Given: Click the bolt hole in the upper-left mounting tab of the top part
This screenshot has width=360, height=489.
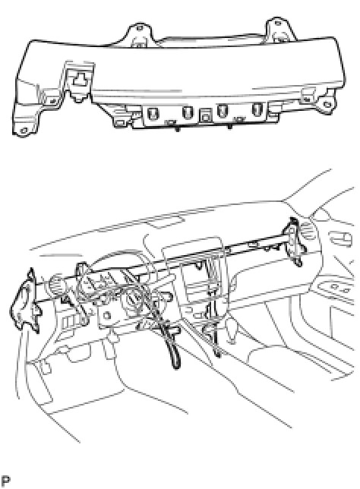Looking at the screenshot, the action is pos(139,28).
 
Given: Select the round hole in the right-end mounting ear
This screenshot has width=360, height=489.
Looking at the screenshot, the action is pos(327,104).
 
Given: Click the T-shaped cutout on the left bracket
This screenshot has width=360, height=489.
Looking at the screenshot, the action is pos(79,80).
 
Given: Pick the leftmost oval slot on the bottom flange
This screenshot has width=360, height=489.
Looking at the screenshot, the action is pos(153,112).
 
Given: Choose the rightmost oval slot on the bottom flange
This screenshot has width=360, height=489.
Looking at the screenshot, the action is pos(257,109).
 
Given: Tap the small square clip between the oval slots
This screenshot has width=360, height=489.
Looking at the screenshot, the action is pos(204,115).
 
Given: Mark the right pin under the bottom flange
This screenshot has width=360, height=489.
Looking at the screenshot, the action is pos(230,127).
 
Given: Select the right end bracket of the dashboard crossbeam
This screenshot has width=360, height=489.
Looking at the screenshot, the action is pos(294,241).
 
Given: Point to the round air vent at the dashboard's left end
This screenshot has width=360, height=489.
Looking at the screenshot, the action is pos(56,283).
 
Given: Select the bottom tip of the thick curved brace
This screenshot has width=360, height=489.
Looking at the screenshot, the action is pos(176,368).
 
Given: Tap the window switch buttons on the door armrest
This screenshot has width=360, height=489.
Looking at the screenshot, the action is pos(339,289).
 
